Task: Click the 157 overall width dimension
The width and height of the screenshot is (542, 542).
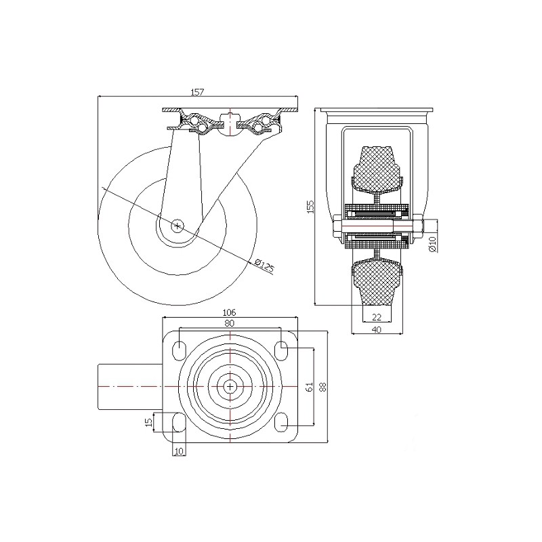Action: point(198,92)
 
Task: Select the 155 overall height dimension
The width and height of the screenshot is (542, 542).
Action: point(311,207)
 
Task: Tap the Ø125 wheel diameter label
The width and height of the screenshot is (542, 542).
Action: point(264,266)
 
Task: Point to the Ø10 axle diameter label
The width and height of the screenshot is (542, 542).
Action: point(432,244)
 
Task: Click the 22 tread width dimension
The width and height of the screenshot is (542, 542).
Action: point(377,316)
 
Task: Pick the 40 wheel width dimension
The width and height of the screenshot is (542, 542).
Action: point(377,330)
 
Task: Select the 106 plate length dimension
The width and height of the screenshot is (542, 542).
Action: point(229,312)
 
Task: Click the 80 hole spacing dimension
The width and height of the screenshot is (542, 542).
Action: point(230,323)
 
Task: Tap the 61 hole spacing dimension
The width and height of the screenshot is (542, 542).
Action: point(310,387)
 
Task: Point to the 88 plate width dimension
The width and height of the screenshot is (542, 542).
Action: point(322,387)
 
